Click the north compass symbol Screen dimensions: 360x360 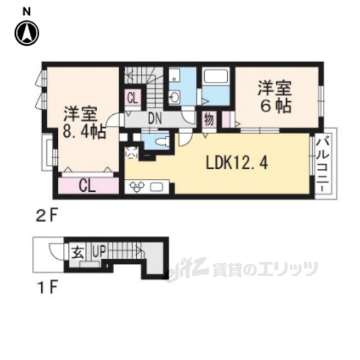pyautogui.click(x=26, y=33)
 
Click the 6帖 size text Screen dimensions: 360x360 pyautogui.click(x=275, y=105)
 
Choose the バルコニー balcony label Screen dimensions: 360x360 pyautogui.click(x=322, y=166)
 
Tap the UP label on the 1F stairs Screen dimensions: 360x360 pyautogui.click(x=97, y=248)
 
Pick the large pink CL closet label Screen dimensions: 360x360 pyautogui.click(x=86, y=185)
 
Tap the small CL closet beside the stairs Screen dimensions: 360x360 pyautogui.click(x=132, y=97)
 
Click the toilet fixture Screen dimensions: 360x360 pyautogui.click(x=164, y=140)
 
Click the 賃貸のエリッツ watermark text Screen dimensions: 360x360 pyautogui.click(x=264, y=269)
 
